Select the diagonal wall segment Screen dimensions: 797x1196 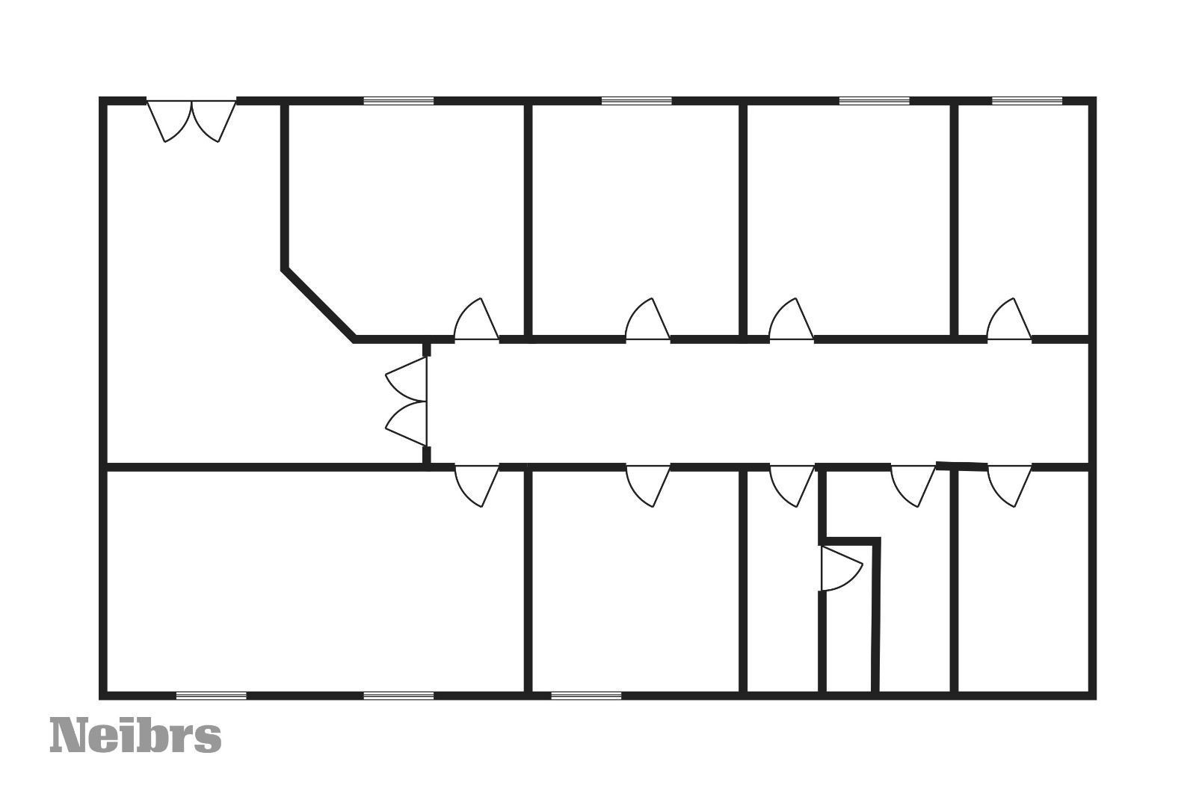[317, 304]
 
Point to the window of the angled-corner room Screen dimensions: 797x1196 [398, 101]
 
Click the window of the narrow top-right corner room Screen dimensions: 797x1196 [1026, 101]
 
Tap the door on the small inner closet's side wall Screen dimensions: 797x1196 [840, 568]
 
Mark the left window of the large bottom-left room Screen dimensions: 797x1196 [211, 695]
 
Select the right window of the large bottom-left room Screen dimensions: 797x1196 [398, 695]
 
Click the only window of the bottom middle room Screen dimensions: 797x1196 [586, 695]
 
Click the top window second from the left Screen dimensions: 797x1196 [636, 101]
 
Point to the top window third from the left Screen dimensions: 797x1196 [874, 101]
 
